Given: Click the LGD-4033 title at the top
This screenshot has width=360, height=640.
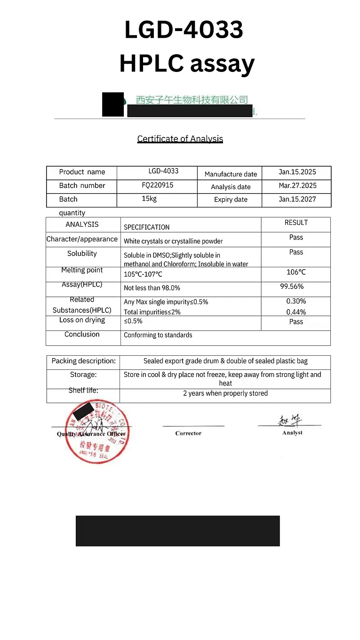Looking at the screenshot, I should point(184,29).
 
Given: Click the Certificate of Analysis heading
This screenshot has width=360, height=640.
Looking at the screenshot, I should point(180,139).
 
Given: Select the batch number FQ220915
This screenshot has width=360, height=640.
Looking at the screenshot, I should point(157,185).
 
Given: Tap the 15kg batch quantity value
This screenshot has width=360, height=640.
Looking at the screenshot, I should point(149,199).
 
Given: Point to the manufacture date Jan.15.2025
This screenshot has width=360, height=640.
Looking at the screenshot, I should point(297,172).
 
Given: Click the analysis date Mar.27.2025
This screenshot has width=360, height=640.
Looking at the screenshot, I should point(297,185).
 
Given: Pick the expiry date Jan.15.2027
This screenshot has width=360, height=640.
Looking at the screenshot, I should point(297,199).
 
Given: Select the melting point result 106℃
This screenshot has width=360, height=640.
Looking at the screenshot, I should point(296,272).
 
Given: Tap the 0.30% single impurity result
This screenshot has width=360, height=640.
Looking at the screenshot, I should point(296,301).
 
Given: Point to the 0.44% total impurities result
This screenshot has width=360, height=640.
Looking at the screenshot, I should point(296,312).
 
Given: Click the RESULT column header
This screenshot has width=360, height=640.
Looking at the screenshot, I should point(296,223).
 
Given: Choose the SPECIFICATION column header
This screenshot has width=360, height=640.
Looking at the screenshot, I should point(146,227).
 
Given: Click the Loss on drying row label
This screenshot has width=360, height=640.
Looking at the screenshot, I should point(82,320).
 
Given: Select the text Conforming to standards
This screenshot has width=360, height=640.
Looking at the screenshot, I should point(158,335).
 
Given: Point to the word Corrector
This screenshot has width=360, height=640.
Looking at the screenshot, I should point(188,433).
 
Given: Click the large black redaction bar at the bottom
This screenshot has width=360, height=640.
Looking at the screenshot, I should point(177,531).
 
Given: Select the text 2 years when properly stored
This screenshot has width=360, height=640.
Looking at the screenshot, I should point(225,393).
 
